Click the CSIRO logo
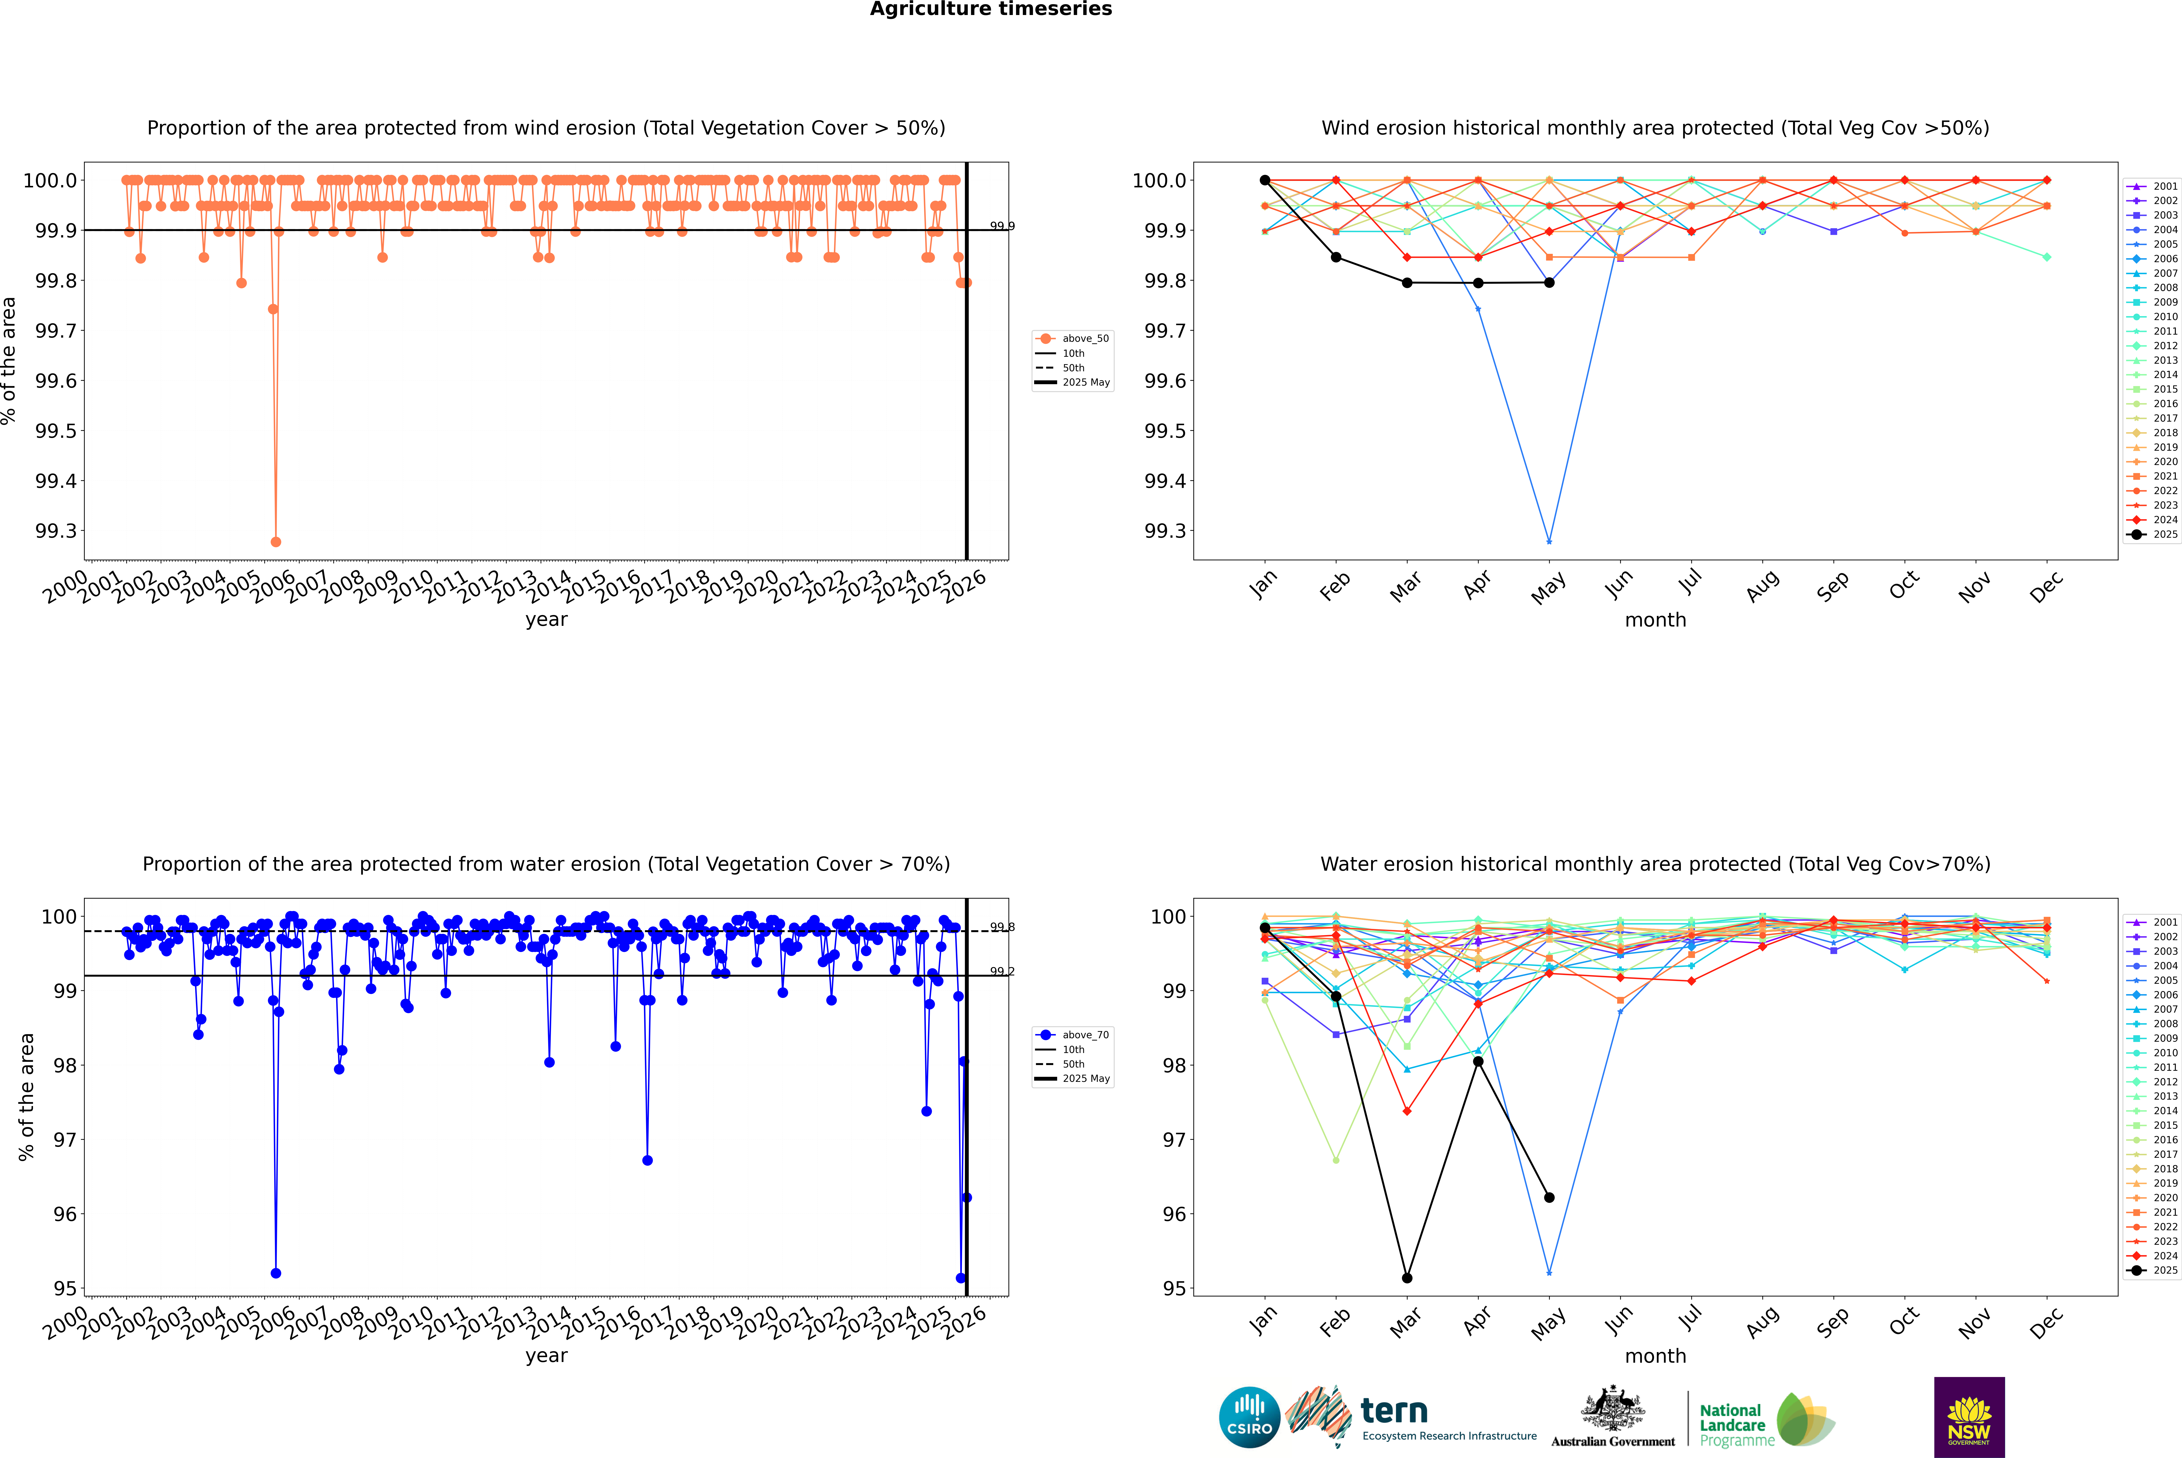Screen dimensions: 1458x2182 (1249, 1417)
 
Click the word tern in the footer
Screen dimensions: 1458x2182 (1393, 1412)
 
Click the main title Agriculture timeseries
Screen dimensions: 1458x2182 (990, 9)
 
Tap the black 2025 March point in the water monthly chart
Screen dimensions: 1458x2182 (1406, 1278)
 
